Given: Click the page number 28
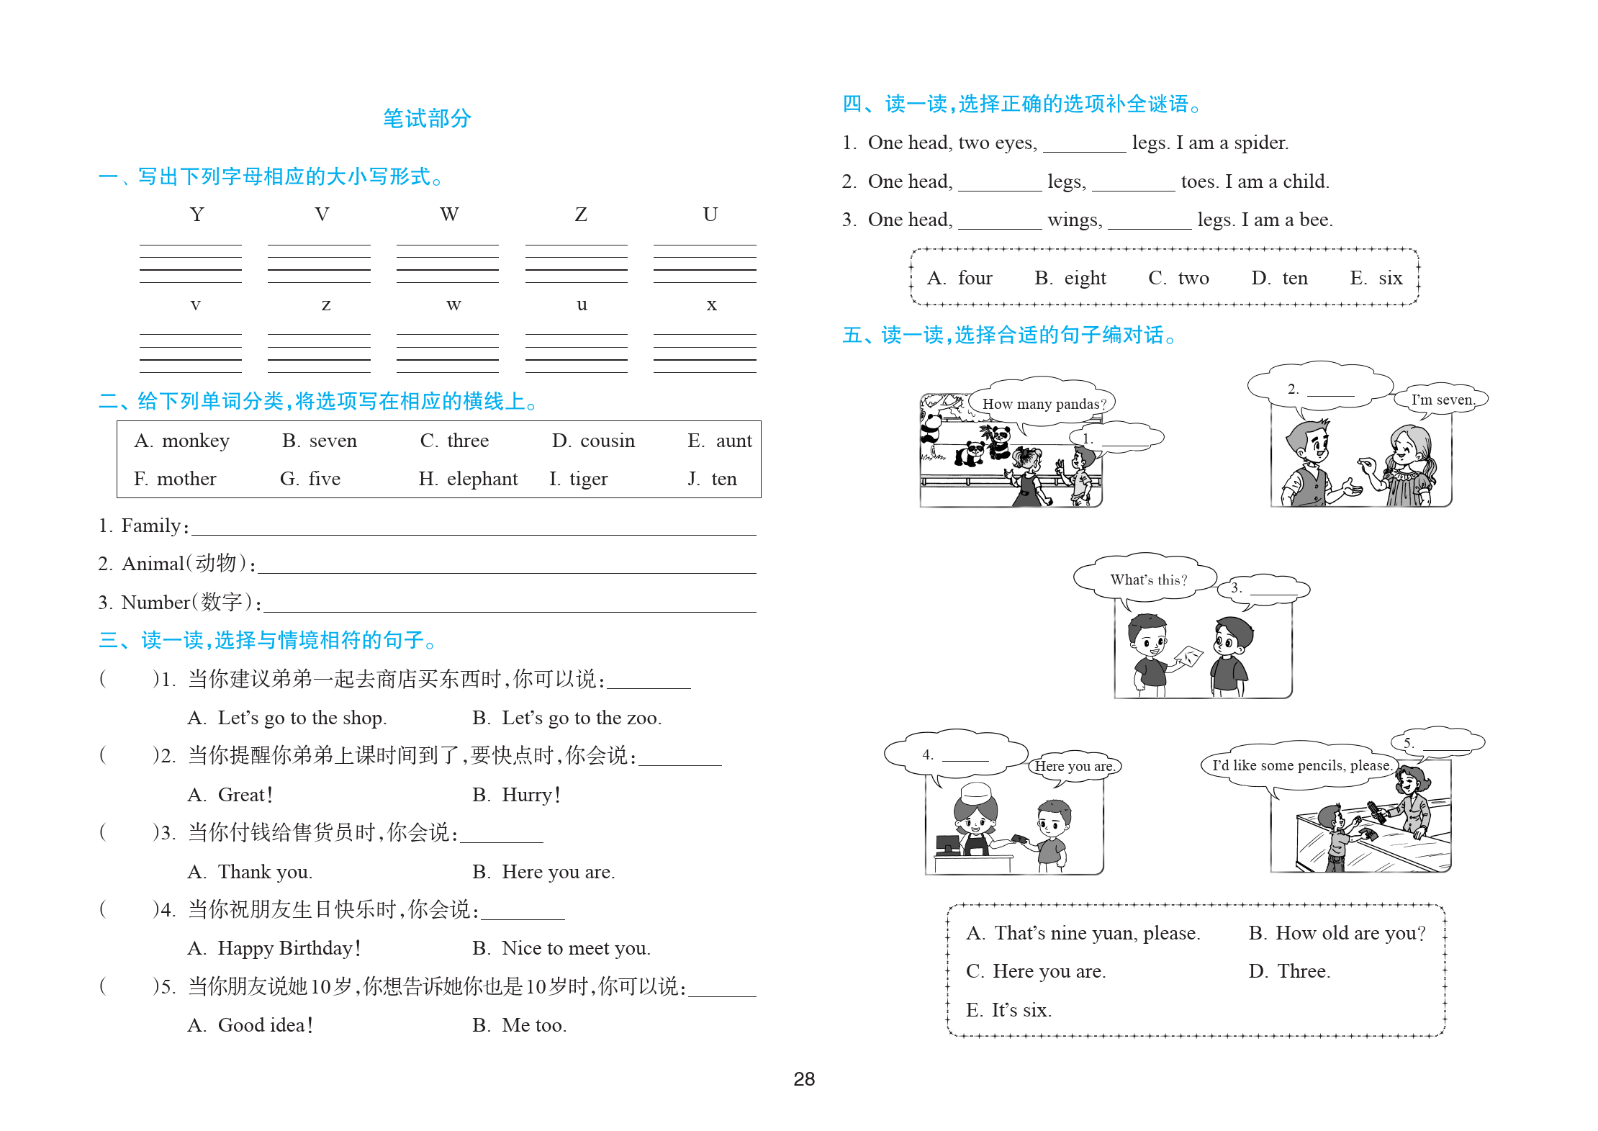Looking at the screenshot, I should [x=804, y=1078].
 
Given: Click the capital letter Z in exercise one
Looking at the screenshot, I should [x=580, y=215].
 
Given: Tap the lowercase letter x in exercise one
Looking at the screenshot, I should [x=711, y=305].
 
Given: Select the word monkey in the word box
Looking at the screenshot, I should [x=195, y=441].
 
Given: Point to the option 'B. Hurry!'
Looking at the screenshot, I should [x=516, y=795].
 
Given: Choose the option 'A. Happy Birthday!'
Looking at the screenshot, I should [x=274, y=948].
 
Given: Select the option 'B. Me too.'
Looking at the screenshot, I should [x=520, y=1025].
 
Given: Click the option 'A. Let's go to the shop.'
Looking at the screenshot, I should [x=287, y=718].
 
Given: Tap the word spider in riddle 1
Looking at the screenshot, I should [x=1260, y=143].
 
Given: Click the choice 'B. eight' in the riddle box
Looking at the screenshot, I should [x=1070, y=278].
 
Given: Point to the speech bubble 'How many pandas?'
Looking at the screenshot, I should [x=1044, y=404].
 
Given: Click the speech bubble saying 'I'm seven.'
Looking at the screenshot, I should [x=1442, y=400].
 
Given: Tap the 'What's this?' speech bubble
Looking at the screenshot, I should [x=1148, y=580].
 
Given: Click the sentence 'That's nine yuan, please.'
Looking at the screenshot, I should [x=1096, y=933].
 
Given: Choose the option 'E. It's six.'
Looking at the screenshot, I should [x=1008, y=1010].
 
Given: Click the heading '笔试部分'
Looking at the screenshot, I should [x=427, y=118].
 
